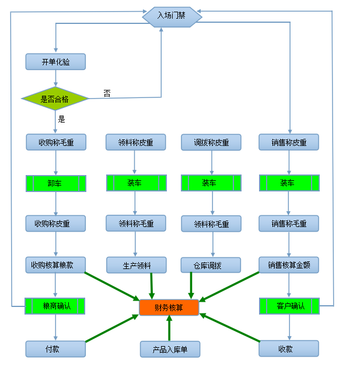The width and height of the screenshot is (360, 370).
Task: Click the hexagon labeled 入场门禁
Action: (172, 16)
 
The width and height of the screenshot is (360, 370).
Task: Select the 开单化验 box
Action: (55, 61)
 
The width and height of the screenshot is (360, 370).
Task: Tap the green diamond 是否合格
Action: (55, 99)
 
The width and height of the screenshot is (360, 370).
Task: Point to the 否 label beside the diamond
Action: (107, 93)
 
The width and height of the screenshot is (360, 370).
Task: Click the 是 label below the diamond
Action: (62, 120)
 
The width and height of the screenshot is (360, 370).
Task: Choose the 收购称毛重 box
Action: (55, 142)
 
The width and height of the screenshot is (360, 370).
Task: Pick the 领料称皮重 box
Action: (135, 142)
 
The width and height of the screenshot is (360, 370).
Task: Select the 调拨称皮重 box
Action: (211, 142)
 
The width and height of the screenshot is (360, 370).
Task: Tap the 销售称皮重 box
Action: (289, 142)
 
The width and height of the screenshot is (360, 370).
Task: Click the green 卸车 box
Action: (55, 183)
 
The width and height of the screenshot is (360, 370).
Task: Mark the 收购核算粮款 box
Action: (55, 264)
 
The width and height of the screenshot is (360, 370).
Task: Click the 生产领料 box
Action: (135, 265)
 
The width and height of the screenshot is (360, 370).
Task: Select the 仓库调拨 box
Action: (211, 265)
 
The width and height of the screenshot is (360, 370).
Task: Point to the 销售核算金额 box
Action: (289, 264)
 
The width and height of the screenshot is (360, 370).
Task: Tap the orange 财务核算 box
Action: (169, 307)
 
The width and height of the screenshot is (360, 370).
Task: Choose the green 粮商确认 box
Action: (55, 306)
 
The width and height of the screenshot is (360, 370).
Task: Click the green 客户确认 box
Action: (289, 306)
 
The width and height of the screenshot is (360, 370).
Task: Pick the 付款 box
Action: (55, 348)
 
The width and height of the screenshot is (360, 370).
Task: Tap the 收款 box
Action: (289, 348)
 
